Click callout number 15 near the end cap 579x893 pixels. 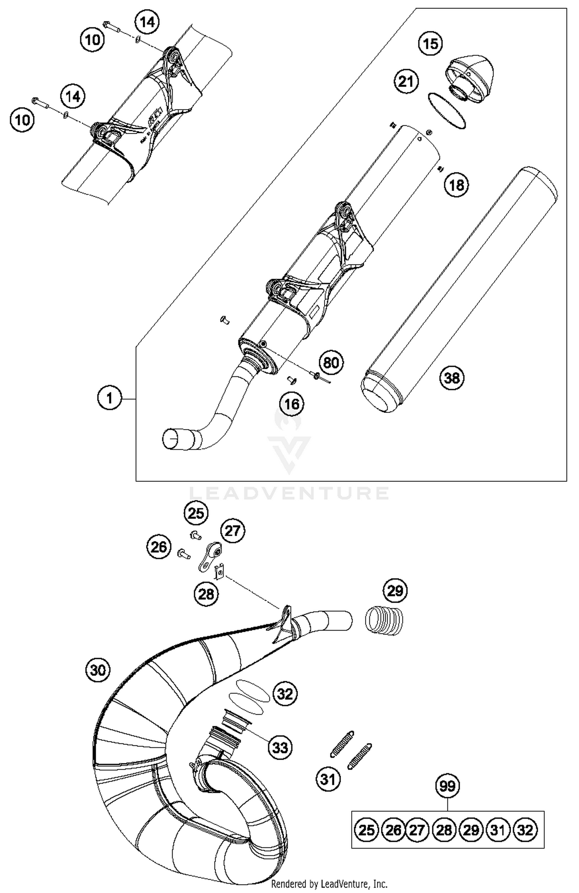coord(430,43)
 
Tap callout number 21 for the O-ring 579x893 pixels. coord(406,82)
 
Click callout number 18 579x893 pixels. coord(457,185)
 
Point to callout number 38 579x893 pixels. coord(452,377)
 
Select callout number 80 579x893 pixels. coord(331,362)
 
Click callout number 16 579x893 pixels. coord(292,404)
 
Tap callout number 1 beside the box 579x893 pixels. coord(110,398)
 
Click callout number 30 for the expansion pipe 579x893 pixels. coord(98,670)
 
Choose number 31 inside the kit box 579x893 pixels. coord(498,830)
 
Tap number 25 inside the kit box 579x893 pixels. coord(366,830)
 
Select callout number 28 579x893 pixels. coord(206,594)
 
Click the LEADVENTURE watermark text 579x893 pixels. coord(289,493)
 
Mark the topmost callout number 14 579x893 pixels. coord(147,22)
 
